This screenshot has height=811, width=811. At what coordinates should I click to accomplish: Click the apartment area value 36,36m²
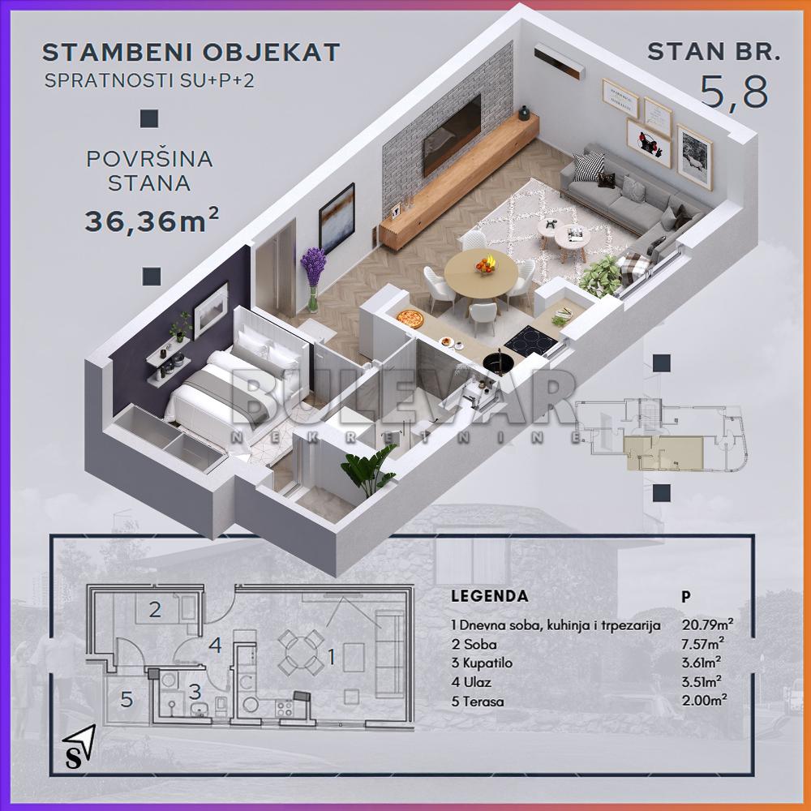[x=152, y=220]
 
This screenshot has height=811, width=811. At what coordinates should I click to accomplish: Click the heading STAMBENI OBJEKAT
[x=191, y=53]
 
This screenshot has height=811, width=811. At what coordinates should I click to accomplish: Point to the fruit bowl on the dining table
[x=486, y=264]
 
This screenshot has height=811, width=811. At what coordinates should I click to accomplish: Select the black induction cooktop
[x=531, y=337]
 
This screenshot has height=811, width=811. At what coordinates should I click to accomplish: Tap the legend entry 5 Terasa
[x=478, y=702]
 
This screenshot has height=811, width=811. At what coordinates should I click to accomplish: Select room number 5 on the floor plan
[x=127, y=699]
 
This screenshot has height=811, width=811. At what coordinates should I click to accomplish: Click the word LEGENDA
[x=489, y=596]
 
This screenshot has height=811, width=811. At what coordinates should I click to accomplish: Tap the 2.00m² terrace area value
[x=703, y=702]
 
